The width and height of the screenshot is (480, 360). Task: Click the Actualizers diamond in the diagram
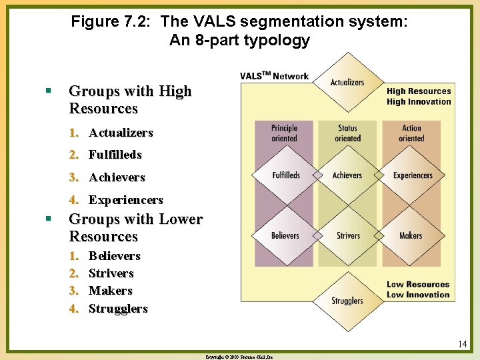pos(347,83)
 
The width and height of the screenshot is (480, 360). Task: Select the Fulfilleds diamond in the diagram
pos(286,175)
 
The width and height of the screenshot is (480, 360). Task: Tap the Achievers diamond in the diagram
pos(347,175)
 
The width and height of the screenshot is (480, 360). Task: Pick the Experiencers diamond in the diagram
pos(412,175)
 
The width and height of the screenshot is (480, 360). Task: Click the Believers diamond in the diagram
pos(285,235)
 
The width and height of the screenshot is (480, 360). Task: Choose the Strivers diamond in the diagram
pos(347,235)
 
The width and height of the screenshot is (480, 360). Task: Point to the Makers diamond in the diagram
pos(411,235)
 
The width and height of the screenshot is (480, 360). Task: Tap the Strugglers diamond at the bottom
pos(347,301)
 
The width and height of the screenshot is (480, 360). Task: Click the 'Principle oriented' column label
pos(284,133)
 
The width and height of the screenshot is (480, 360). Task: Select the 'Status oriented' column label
pos(347,133)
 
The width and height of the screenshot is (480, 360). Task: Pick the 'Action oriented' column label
pos(411,133)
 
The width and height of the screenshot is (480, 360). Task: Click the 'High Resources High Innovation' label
pos(419,97)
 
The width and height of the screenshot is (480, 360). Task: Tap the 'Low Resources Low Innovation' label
pos(418,289)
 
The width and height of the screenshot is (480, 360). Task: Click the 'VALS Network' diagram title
pos(275,76)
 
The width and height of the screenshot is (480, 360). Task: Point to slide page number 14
pos(462,345)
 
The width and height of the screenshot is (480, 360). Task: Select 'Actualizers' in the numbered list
pos(121,133)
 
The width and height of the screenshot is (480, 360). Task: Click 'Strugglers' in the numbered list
pos(118,309)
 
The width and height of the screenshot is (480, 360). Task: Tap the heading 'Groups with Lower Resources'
pos(135,228)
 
